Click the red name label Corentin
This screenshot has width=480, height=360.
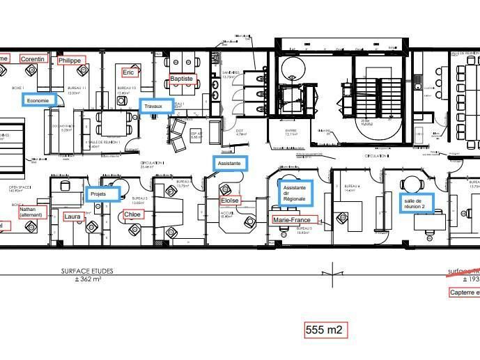click(33, 59)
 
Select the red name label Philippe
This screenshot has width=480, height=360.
click(70, 61)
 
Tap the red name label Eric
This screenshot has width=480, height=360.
click(128, 72)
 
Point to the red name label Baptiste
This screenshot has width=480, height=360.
click(182, 79)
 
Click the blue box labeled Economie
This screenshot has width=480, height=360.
click(38, 100)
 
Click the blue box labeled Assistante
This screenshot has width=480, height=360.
click(229, 164)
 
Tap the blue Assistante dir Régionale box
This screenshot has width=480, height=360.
click(295, 193)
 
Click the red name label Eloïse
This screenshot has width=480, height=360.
click(229, 201)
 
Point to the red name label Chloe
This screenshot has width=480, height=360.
click(132, 214)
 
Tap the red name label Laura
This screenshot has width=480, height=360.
click(72, 217)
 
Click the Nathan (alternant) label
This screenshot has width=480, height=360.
click(32, 212)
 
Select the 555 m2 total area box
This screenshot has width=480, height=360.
click(325, 330)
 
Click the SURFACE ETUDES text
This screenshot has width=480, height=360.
click(87, 271)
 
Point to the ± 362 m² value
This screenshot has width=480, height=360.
click(88, 279)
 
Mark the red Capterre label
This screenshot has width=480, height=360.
click(464, 292)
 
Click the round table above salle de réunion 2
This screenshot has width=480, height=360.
click(410, 185)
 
